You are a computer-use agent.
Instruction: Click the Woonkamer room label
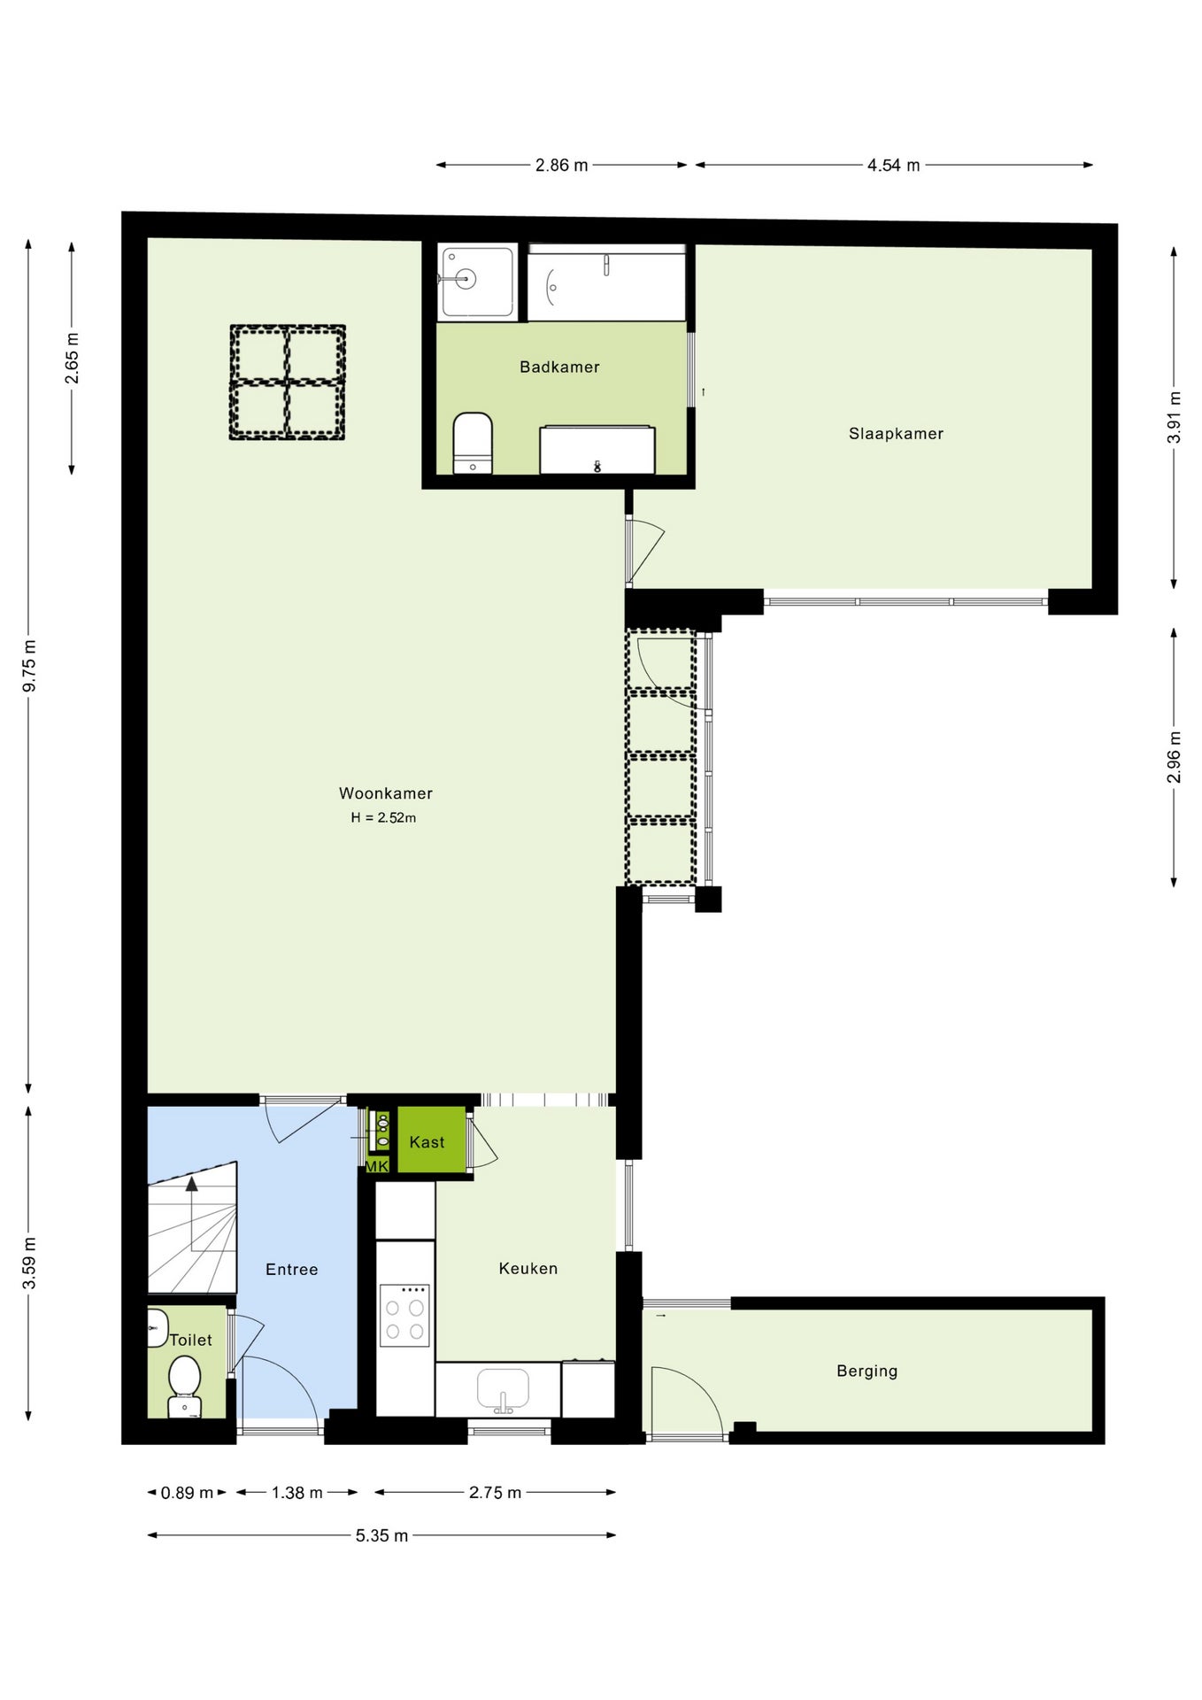386,793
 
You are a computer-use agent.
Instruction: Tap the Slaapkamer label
896,434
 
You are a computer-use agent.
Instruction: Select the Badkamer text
559,367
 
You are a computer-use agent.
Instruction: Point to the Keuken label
528,1269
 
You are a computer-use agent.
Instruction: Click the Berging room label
867,1372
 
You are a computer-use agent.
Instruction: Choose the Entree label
292,1270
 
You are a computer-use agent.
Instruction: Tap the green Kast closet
432,1140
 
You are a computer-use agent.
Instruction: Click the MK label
377,1166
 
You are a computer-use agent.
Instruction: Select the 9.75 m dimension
29,665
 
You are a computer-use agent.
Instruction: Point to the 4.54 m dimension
893,166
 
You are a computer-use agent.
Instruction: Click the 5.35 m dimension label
381,1535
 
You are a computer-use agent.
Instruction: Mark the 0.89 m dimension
187,1493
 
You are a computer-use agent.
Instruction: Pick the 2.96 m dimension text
1174,757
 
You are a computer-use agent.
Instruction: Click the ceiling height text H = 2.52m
383,818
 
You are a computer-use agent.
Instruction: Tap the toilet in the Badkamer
473,444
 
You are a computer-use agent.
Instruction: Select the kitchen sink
503,1389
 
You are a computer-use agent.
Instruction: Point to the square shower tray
476,282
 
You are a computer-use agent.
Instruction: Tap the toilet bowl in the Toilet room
184,1387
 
